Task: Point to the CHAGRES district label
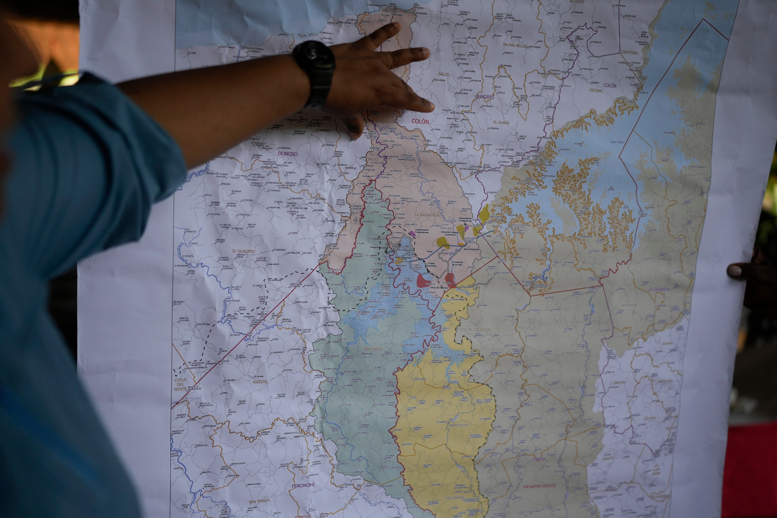click(x=485, y=97)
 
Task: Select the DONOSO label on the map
click(x=287, y=154)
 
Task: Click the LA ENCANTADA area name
click(x=427, y=215)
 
